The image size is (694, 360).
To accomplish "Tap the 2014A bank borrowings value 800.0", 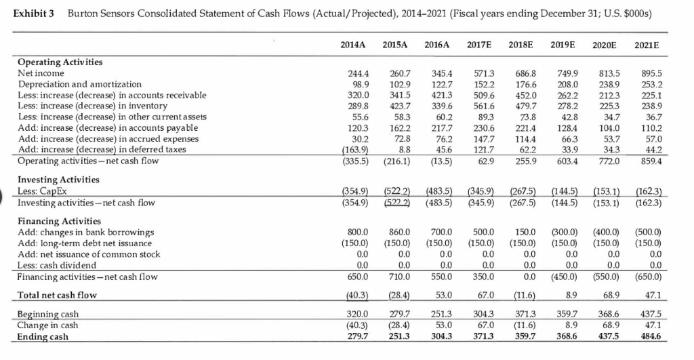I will (x=357, y=232).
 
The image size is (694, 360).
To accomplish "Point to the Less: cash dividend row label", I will (x=56, y=264).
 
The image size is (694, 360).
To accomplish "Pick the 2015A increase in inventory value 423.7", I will (x=397, y=105).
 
